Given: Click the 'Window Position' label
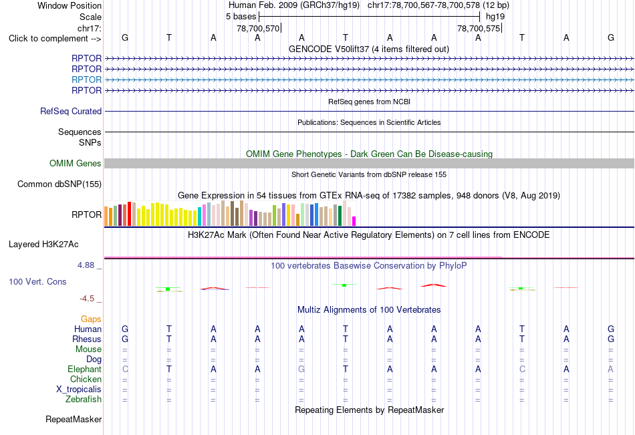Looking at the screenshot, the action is tap(70, 5).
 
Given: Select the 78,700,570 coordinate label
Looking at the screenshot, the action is tap(258, 28).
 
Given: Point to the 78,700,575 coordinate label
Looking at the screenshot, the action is tap(479, 28).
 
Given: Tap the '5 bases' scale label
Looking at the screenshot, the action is tap(241, 17).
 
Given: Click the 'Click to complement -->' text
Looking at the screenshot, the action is tap(55, 39).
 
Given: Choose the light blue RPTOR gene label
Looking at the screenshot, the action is tap(86, 80).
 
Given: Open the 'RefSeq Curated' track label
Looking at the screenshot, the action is tap(71, 111).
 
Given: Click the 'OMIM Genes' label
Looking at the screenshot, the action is tap(76, 163).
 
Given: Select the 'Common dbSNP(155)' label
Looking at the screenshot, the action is tap(59, 184).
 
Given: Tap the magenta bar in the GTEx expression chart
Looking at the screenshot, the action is tap(354, 221).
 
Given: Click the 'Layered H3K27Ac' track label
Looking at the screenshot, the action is tap(43, 245).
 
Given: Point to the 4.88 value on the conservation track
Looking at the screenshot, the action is tap(86, 265).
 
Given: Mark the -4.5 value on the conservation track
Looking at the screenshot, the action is tap(87, 299).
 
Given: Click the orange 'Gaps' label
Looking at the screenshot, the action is tap(91, 319).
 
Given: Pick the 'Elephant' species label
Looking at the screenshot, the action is tap(84, 369).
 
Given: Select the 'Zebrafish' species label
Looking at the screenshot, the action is tap(84, 399).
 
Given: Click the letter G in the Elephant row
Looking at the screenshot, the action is tap(301, 369).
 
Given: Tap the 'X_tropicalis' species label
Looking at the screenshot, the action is tap(79, 390).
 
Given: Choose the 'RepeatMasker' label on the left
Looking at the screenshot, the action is tap(74, 419).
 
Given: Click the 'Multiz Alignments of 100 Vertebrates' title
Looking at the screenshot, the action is tap(369, 310).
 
